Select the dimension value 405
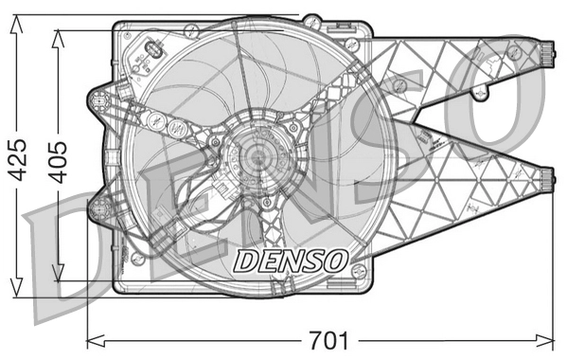coord(59,160)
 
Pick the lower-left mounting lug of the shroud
coord(98,207)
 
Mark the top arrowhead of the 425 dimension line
coord(16,21)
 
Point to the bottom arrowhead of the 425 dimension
coord(16,290)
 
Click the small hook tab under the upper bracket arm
coord(482,93)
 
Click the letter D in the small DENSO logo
coord(243,257)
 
